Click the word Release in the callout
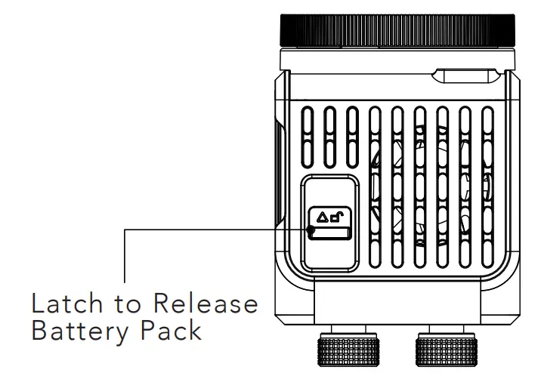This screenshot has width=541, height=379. click(x=206, y=305)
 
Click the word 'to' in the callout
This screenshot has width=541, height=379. click(x=131, y=305)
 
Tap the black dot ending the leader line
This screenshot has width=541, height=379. click(x=311, y=229)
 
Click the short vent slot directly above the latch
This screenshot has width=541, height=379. click(x=330, y=135)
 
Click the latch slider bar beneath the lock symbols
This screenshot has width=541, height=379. click(x=331, y=232)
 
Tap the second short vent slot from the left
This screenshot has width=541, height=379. click(x=330, y=135)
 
